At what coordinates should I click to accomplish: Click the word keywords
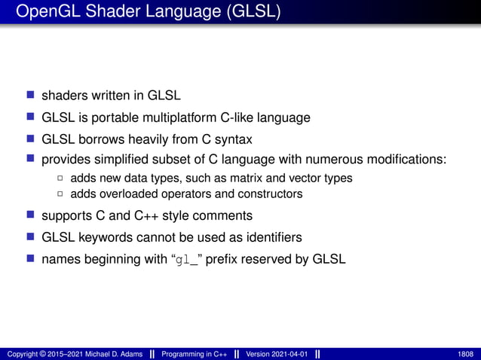[x=106, y=238]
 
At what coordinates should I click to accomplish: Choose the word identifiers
[x=266, y=238]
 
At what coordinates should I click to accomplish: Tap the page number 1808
[x=466, y=354]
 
